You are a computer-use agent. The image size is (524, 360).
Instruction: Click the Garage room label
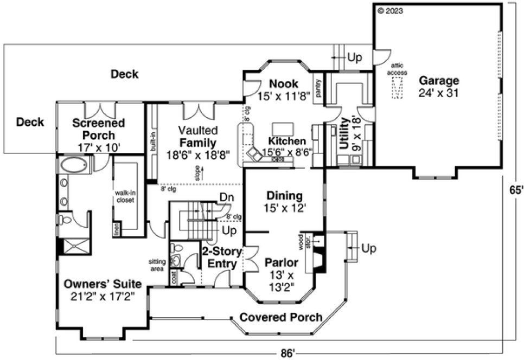[x=438, y=81]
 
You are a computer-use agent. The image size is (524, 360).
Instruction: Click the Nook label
[x=283, y=83]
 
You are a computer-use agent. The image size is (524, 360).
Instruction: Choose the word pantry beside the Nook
[x=319, y=88]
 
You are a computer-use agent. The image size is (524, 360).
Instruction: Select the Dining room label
[x=284, y=196]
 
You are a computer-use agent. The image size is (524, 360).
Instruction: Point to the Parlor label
[x=280, y=262]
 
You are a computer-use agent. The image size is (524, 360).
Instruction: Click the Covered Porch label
[x=280, y=317]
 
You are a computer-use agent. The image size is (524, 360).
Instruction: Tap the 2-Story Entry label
[x=219, y=258]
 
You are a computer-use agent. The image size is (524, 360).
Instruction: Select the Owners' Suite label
[x=103, y=284]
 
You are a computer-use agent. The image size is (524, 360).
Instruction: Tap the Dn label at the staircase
[x=226, y=198]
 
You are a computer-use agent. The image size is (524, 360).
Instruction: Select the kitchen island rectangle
[x=283, y=128]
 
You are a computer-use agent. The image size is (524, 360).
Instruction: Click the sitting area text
[x=157, y=264]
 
